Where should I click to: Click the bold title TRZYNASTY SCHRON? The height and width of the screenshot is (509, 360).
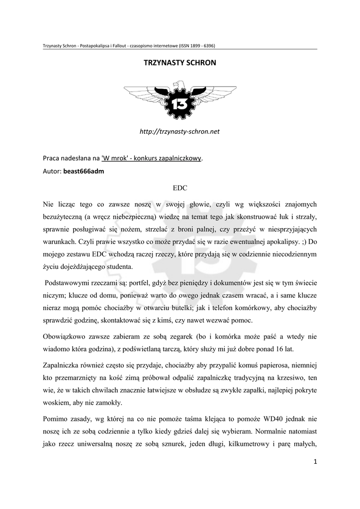coord(180,64)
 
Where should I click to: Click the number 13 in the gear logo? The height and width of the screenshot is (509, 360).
coord(180,103)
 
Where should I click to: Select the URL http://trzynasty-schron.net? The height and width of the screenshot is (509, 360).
coord(180,132)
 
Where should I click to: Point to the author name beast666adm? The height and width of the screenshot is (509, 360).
coord(84,171)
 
